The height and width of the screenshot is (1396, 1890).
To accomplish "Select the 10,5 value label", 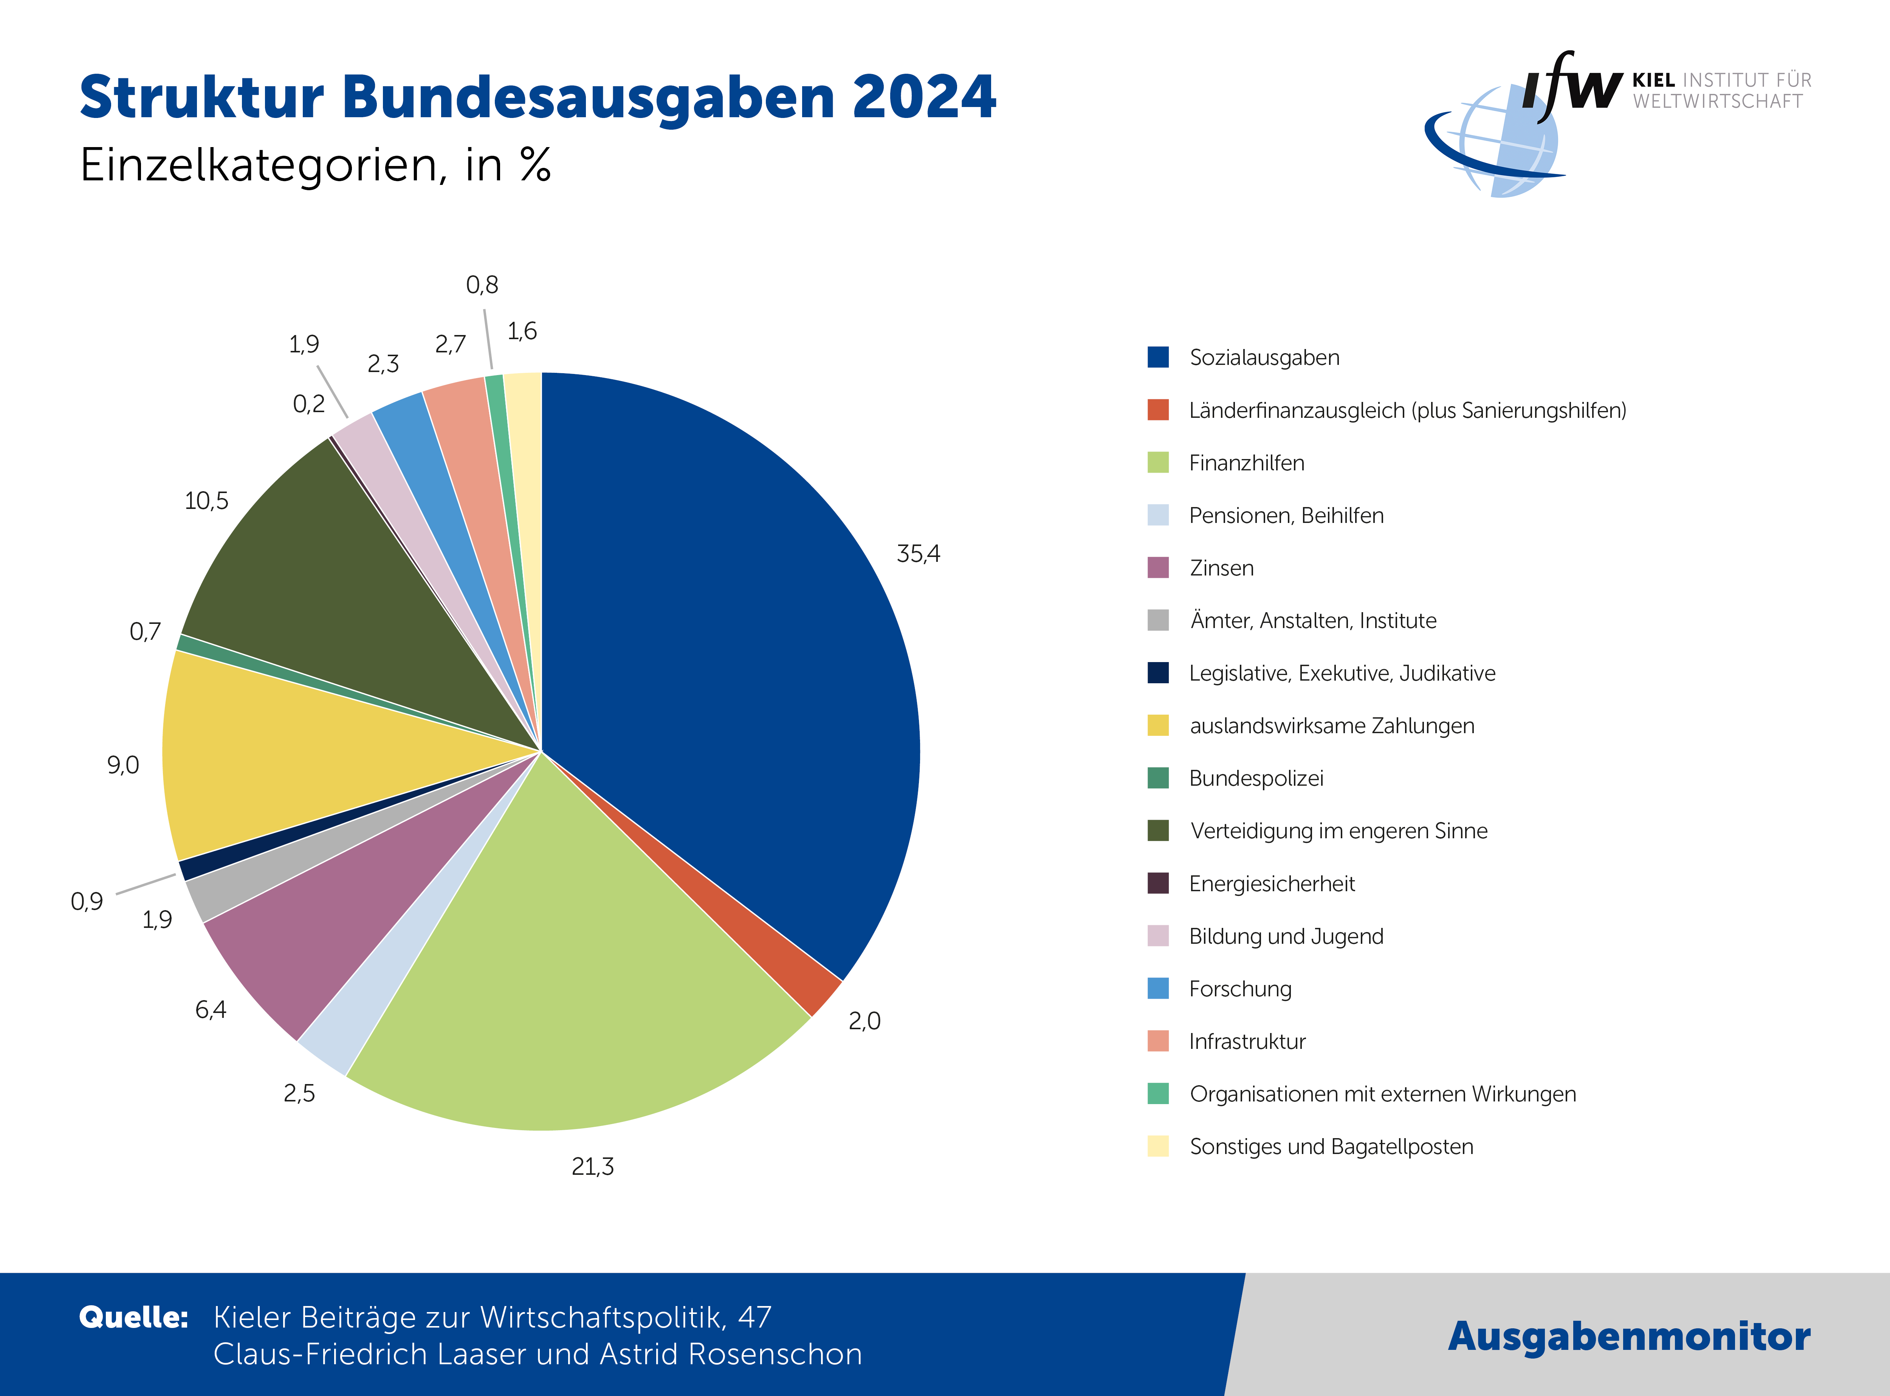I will (x=206, y=501).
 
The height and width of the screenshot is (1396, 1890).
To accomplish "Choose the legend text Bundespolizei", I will (x=1255, y=778).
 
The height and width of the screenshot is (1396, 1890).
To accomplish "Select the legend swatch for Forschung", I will (x=1157, y=989).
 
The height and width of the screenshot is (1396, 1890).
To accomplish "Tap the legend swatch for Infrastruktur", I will (x=1157, y=1041).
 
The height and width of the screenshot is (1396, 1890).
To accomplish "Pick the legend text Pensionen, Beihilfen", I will (x=1286, y=515).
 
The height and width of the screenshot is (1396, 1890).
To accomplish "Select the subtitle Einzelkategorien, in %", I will (x=315, y=165).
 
